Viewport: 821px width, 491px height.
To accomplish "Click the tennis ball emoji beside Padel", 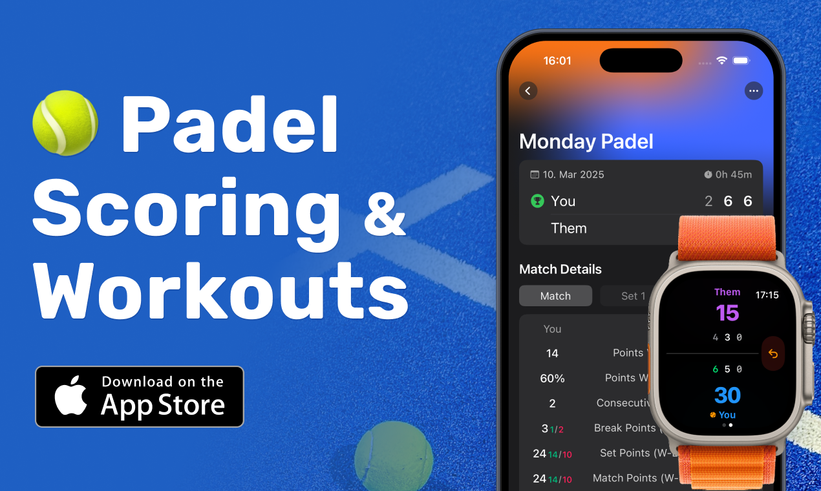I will (65, 123).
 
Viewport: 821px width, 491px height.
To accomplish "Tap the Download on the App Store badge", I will (140, 397).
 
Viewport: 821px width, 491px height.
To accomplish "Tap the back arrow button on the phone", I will (528, 91).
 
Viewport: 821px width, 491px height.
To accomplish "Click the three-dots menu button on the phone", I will (753, 91).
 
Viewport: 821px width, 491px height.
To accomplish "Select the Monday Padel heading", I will (586, 141).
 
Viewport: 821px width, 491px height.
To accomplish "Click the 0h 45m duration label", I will (729, 174).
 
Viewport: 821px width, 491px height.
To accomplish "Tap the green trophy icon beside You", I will (537, 201).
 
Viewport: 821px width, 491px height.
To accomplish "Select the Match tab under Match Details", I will (555, 296).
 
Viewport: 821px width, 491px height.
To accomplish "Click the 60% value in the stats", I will (552, 378).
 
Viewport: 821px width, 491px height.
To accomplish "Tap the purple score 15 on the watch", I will (727, 313).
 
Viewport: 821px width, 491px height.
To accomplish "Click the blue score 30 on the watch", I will (727, 395).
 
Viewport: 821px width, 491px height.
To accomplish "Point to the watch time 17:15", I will (767, 295).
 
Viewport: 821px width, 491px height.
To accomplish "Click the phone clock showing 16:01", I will (557, 61).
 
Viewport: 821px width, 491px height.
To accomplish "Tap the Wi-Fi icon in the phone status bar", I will (721, 61).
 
